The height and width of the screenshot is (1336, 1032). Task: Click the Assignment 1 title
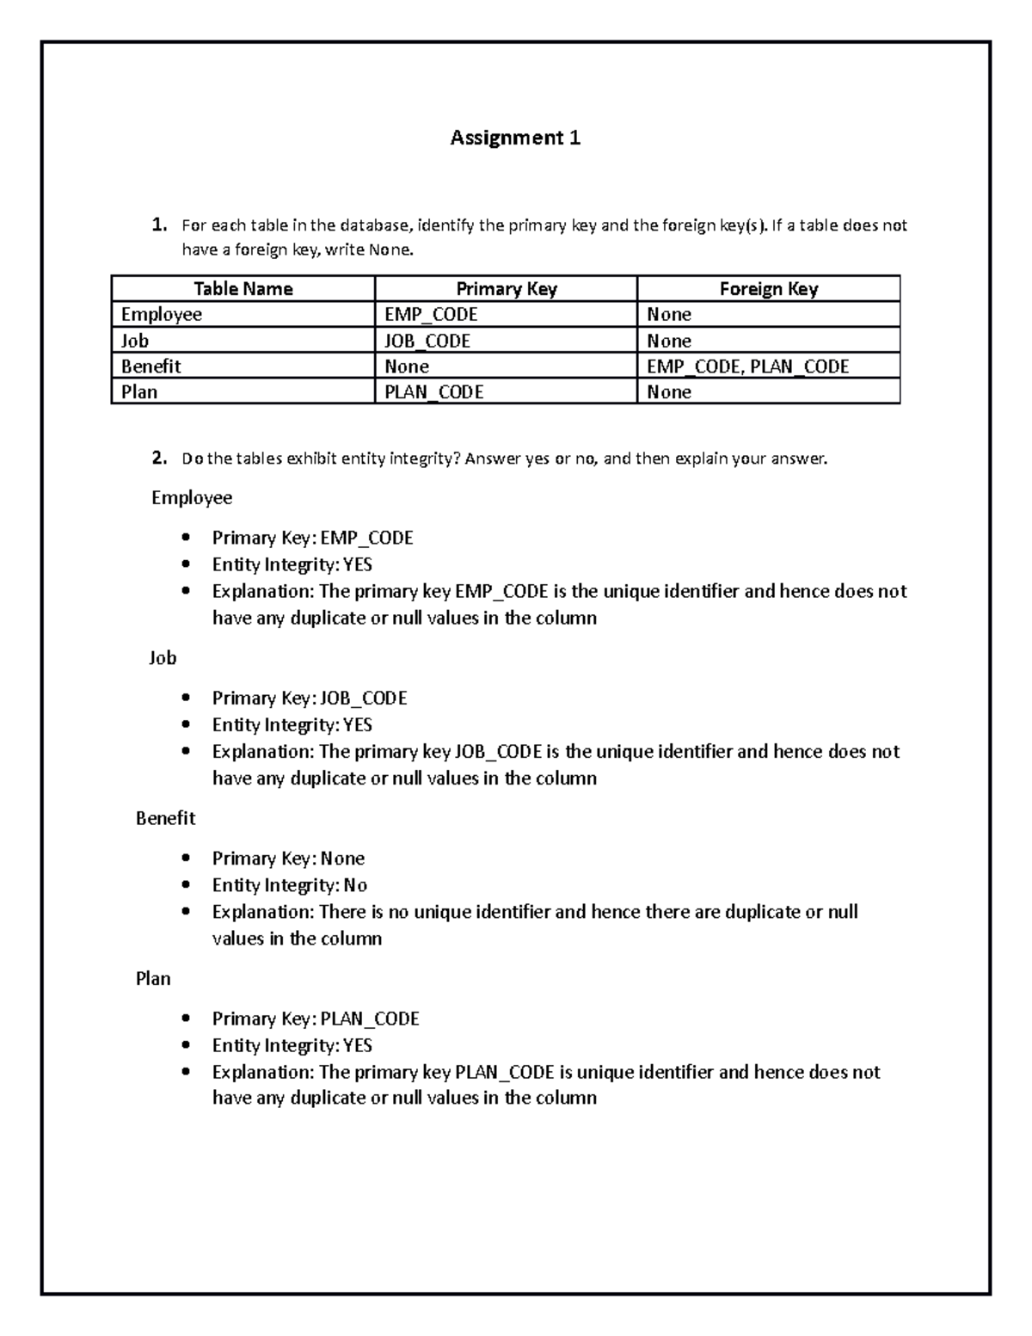(515, 138)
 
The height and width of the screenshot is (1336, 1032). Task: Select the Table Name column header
(243, 289)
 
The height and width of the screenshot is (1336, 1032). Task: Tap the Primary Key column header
(506, 289)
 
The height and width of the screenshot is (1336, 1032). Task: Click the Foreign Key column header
(768, 289)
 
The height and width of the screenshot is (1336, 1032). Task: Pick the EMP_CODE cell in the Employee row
(431, 315)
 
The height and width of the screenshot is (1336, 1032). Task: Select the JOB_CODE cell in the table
(427, 341)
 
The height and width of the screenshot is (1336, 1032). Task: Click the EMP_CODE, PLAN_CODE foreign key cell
(747, 366)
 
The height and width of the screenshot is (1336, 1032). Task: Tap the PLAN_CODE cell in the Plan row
(433, 392)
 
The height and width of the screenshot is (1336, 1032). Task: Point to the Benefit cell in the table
(151, 366)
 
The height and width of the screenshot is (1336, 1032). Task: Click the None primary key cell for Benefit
(407, 366)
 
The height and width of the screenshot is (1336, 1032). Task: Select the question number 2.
(159, 459)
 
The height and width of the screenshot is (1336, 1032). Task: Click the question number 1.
(159, 225)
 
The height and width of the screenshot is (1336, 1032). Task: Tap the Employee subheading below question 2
(192, 498)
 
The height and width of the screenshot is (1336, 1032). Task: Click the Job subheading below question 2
(163, 658)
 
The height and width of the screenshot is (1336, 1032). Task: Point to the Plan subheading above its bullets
(153, 979)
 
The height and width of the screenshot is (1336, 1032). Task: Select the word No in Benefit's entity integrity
(355, 885)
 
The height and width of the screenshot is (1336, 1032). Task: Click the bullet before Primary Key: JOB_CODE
(186, 699)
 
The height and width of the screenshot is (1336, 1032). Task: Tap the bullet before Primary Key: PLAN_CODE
(186, 1019)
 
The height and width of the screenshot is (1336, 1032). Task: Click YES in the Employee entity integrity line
(358, 565)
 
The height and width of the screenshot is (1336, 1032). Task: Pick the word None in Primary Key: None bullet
(342, 859)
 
